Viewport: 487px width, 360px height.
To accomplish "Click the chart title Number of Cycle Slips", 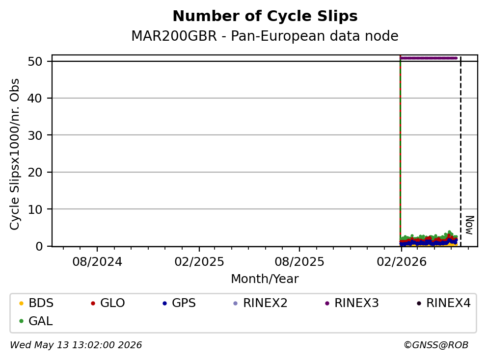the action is (x=265, y=16).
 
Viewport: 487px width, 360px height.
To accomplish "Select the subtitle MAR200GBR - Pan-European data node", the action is (x=265, y=36).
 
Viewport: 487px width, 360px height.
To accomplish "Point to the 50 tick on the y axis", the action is (x=35, y=61).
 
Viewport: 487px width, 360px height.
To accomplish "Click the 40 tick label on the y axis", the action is (x=35, y=99).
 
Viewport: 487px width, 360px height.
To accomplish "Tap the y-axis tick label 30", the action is (x=35, y=135).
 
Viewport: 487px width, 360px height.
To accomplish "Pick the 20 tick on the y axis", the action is (x=35, y=172).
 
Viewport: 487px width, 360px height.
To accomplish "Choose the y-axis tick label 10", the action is (x=35, y=209).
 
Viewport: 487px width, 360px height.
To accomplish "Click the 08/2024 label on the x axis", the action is (x=97, y=262).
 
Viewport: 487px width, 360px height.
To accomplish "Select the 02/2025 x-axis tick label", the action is (x=199, y=262).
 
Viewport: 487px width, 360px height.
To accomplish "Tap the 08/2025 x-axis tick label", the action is (x=299, y=262).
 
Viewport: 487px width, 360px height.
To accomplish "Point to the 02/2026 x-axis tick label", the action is (x=402, y=262).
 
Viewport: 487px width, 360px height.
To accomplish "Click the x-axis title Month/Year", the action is (x=265, y=279).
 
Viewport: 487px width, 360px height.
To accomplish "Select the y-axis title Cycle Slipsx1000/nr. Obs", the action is (x=15, y=154).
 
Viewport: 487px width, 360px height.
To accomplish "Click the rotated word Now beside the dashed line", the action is (x=470, y=225).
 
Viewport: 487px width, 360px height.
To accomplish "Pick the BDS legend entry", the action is (x=36, y=303).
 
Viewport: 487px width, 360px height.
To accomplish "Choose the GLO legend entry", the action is (x=108, y=303).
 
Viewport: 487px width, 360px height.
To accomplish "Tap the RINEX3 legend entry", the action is (x=352, y=303).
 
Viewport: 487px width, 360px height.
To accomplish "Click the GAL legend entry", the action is (x=36, y=321).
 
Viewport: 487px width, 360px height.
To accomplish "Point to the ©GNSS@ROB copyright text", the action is (x=436, y=345).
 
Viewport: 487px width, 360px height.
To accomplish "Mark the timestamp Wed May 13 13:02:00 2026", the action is (x=76, y=345).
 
